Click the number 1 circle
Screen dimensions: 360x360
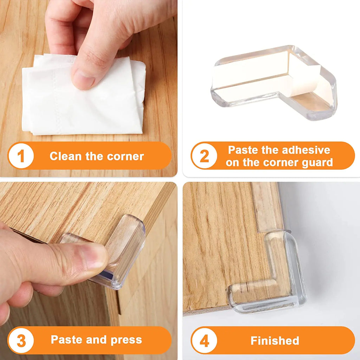click(21, 156)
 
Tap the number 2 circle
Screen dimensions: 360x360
click(204, 156)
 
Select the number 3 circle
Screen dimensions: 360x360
click(21, 340)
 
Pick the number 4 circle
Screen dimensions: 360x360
click(204, 340)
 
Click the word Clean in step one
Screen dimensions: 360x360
click(66, 156)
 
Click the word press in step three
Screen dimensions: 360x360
click(126, 340)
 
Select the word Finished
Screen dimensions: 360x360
click(275, 340)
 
